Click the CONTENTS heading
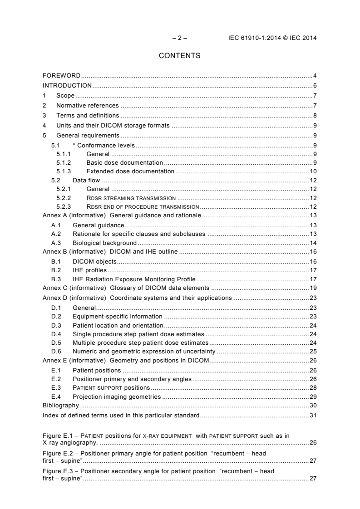coord(179,56)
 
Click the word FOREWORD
coord(61,75)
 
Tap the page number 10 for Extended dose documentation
coord(313,171)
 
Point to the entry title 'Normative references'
coord(88,106)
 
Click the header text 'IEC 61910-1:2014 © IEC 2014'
coord(272,38)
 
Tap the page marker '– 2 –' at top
coord(179,38)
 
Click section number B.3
coord(56,280)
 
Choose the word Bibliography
coord(60,405)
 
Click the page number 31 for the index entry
coord(313,415)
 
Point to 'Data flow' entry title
coord(86,181)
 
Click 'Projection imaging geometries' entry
coord(117,396)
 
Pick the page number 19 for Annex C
coord(313,288)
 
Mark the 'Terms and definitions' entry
coord(88,116)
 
